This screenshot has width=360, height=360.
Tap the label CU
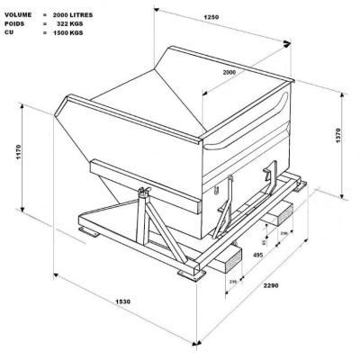7,24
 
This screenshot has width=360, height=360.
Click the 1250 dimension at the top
237,18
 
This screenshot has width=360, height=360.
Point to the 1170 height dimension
19,154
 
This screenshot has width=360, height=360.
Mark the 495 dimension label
258,256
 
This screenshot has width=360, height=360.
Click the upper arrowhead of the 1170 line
38,102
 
